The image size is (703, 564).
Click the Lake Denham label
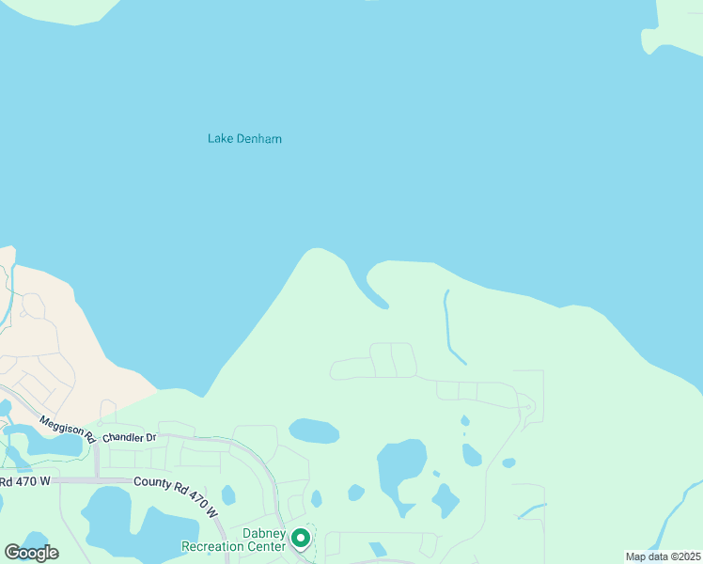pyautogui.click(x=244, y=139)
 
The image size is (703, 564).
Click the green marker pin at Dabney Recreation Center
pyautogui.click(x=301, y=539)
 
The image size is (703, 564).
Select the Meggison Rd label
pyautogui.click(x=67, y=431)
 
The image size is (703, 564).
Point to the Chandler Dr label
pyautogui.click(x=128, y=438)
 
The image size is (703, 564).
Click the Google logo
pyautogui.click(x=31, y=552)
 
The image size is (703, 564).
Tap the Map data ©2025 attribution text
pyautogui.click(x=662, y=556)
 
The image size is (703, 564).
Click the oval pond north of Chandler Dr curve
pyautogui.click(x=314, y=431)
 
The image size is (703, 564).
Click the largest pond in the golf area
pyautogui.click(x=400, y=469)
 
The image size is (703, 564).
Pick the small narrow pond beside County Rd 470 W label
pyautogui.click(x=228, y=494)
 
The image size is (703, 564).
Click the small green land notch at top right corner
pyautogui.click(x=654, y=39)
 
